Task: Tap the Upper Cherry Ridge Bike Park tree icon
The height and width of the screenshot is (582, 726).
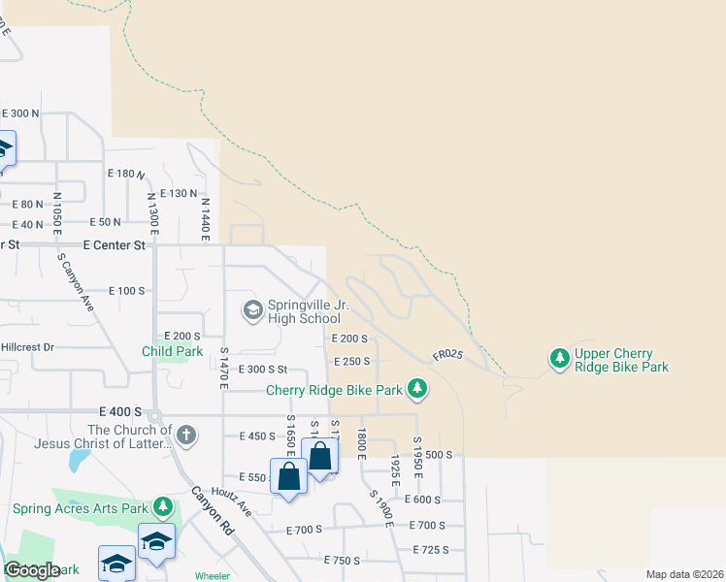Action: [559, 359]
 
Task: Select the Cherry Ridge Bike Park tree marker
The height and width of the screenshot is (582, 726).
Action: [417, 389]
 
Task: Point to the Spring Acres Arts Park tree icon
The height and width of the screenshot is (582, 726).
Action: [163, 507]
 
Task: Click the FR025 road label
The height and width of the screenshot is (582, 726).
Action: [447, 356]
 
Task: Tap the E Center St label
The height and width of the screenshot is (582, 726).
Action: [114, 245]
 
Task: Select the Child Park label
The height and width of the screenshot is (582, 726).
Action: [173, 351]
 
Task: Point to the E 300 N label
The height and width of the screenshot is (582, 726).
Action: [20, 113]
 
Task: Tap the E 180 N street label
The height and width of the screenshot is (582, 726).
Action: [126, 173]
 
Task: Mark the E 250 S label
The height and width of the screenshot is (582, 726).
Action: [350, 361]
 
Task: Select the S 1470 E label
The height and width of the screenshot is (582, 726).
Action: [223, 369]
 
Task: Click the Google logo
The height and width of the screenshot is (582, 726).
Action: [32, 570]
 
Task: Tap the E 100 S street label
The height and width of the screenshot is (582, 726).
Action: [126, 291]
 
